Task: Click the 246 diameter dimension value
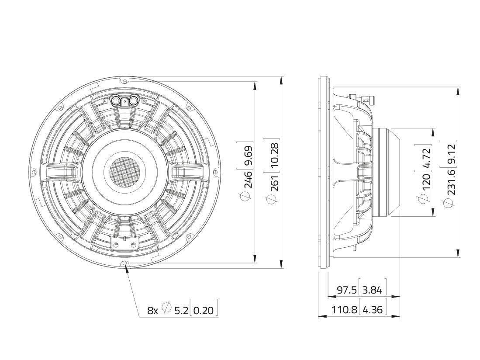click(248, 180)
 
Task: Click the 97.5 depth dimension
click(347, 290)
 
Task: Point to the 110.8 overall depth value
click(344, 310)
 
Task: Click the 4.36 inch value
click(373, 310)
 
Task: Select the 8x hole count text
click(152, 311)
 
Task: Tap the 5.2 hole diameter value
click(181, 311)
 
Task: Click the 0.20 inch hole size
click(204, 311)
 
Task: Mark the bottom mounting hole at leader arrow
click(125, 263)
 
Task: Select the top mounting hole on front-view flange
click(125, 81)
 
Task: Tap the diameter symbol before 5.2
click(166, 308)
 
